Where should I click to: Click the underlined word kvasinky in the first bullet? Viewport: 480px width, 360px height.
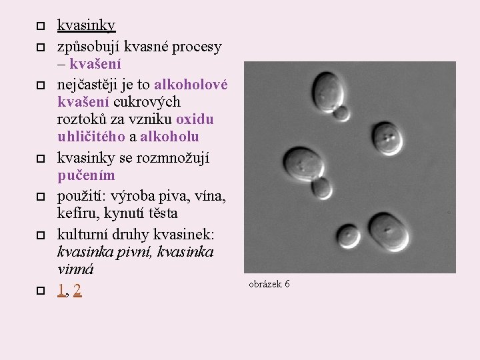click(x=86, y=26)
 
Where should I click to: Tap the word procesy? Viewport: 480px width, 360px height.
click(x=197, y=47)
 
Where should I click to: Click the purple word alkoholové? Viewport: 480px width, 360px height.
click(x=191, y=85)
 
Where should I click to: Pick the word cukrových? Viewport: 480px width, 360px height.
click(x=147, y=102)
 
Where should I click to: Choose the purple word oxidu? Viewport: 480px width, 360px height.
click(x=195, y=119)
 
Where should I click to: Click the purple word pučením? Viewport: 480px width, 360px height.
click(x=86, y=176)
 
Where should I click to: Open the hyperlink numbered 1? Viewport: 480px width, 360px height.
click(x=61, y=290)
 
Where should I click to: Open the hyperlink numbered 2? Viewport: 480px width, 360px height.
click(x=78, y=290)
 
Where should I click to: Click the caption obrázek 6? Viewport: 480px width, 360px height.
click(x=269, y=284)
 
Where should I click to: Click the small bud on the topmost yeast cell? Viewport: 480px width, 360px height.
click(x=342, y=113)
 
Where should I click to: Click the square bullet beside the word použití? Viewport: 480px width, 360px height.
click(x=40, y=197)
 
